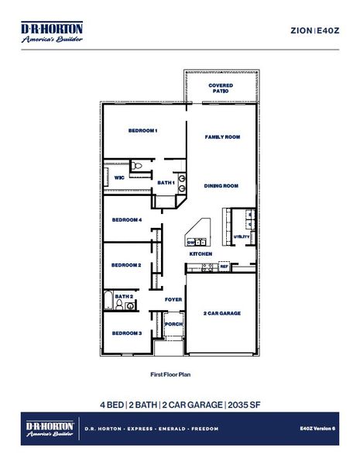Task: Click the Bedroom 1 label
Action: pos(142,131)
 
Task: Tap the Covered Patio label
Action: pos(221,88)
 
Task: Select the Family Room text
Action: pos(222,136)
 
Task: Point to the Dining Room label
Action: pos(221,186)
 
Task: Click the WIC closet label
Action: pos(119,177)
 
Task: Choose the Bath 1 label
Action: pos(166,183)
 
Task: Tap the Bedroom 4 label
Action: pos(126,220)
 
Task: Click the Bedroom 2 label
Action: pos(125,265)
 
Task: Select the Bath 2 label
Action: pos(124,296)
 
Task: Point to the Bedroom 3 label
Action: pos(126,333)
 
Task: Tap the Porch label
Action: pos(174,324)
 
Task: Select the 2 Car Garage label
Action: pos(222,314)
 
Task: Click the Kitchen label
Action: pos(201,254)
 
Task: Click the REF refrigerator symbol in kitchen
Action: pos(224,267)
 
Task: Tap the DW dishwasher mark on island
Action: pos(190,243)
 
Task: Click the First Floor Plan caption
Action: pos(170,374)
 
